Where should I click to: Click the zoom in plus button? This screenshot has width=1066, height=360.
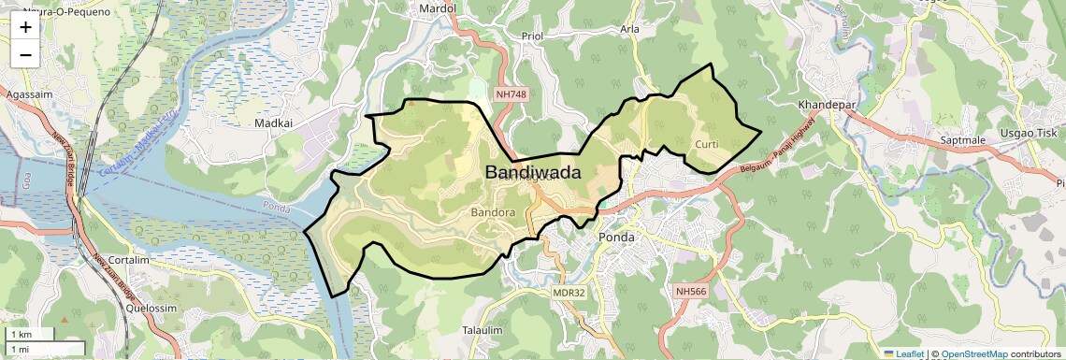tap(25, 27)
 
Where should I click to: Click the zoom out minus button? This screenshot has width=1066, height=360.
tap(25, 54)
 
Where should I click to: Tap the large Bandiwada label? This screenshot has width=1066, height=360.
tap(533, 173)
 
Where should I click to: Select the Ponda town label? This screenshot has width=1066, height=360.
tap(616, 238)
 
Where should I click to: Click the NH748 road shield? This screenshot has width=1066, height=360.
tap(512, 94)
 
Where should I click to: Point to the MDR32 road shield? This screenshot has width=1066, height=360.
tap(569, 293)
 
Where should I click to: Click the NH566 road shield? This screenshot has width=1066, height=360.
tap(691, 292)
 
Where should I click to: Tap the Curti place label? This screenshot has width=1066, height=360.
tap(708, 144)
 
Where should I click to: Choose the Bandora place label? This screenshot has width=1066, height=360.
tap(494, 213)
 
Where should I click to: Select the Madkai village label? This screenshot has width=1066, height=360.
tap(274, 122)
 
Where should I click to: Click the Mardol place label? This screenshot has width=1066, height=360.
tap(439, 8)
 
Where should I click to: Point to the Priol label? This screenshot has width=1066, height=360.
tap(531, 36)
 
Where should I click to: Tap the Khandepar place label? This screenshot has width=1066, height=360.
tap(828, 105)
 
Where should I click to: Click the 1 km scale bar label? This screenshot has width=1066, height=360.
tap(21, 335)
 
